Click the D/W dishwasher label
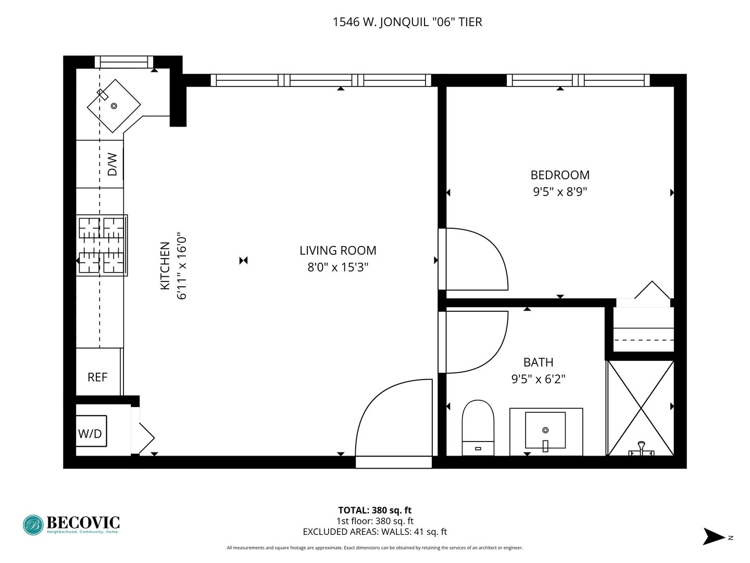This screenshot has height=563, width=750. pos(113,164)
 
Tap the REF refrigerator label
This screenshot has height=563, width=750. pos(97,377)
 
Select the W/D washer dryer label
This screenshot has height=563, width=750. pos(90,434)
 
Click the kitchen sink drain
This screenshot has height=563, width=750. pos(114,106)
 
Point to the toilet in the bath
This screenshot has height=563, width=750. pos(478,427)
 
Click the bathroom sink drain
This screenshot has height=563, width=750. pos(545,430)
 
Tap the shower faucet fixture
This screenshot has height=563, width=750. pos(641,448)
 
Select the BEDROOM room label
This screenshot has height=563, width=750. pos(560,175)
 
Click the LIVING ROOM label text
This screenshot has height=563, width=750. pos(338,251)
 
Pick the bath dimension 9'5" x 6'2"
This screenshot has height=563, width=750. pos(538,379)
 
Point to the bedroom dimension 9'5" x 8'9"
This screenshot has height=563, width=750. pos(560,192)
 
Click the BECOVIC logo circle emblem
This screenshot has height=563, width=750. pos(33,525)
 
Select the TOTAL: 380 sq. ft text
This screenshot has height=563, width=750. pos(375,510)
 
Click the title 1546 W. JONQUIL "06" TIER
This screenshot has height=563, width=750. pos(407,22)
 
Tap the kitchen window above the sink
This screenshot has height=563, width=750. pos(123,62)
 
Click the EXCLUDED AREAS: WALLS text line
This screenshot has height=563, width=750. pos(375,532)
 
